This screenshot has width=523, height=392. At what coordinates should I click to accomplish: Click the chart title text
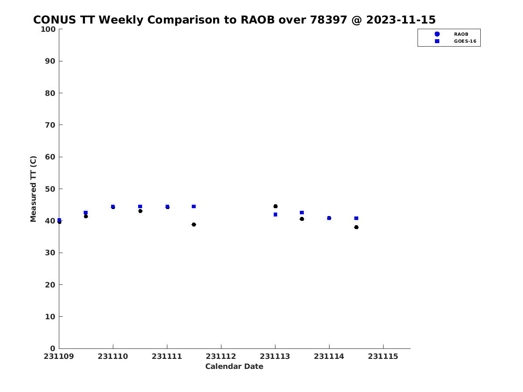coord(234,20)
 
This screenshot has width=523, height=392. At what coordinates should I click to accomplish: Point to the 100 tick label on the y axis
coord(48,29)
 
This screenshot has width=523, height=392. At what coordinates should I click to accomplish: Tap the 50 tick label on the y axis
coord(50,189)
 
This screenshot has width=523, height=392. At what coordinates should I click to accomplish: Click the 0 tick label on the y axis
coord(53,348)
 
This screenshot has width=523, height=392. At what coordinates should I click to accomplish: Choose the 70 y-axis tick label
coord(50,125)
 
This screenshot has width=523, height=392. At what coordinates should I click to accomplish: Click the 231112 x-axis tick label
coord(221,357)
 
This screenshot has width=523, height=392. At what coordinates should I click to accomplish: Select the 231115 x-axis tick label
coord(383,357)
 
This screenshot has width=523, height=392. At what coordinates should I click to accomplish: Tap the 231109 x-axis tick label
coord(59,357)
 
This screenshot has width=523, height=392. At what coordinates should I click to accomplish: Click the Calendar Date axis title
coord(234,366)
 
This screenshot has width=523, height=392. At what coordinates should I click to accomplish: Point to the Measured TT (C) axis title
coord(33,189)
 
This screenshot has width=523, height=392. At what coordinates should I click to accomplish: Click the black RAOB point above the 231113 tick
coord(275,206)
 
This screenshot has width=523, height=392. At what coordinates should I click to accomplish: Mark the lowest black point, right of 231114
coord(356,227)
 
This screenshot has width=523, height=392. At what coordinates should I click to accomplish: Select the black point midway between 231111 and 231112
coord(194,224)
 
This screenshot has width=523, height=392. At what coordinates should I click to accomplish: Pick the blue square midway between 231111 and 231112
coord(194,206)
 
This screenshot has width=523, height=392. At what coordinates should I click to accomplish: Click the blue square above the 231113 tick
coord(275,214)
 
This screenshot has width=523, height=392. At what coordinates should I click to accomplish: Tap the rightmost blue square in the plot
coord(356,218)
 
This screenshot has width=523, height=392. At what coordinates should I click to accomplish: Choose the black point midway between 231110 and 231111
coord(140,211)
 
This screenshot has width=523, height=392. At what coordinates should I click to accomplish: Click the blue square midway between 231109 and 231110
coord(85,213)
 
